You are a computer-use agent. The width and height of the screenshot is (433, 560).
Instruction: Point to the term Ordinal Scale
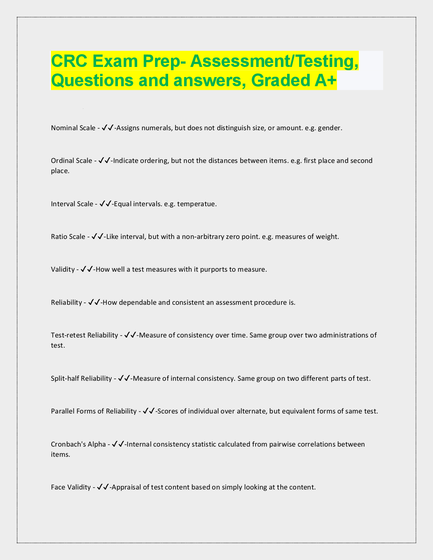click(71, 161)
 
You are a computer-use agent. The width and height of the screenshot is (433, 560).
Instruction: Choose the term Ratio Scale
click(68, 237)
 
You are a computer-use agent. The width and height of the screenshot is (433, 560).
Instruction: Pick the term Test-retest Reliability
click(84, 335)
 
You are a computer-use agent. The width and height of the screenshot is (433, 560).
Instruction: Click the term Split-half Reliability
click(81, 379)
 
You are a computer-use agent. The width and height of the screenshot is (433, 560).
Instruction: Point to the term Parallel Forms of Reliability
click(94, 411)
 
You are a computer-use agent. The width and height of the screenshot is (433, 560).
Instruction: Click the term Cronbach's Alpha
click(78, 444)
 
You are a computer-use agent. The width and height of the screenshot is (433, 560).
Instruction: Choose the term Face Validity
click(71, 487)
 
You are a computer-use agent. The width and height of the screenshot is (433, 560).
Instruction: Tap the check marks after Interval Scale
click(106, 204)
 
